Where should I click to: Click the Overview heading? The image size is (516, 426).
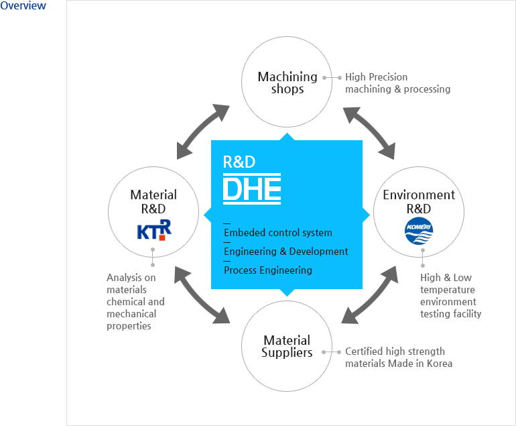click(23, 6)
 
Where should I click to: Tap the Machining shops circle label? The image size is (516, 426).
click(287, 83)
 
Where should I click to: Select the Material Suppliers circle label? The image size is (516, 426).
click(287, 346)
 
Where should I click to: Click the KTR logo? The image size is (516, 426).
click(153, 230)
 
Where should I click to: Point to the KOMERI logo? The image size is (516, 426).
click(419, 230)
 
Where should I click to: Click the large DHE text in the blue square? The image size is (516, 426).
click(251, 189)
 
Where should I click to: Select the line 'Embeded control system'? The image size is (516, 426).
click(277, 233)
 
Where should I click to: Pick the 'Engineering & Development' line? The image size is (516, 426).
click(285, 252)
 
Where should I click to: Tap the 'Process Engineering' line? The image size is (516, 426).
click(267, 270)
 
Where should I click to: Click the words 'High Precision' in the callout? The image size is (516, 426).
click(376, 77)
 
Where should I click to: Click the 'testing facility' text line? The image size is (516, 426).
click(450, 314)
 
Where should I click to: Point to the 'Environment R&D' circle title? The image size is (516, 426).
click(419, 201)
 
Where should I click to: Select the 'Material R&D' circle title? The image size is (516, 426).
click(153, 201)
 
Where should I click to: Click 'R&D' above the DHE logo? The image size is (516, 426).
click(239, 162)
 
